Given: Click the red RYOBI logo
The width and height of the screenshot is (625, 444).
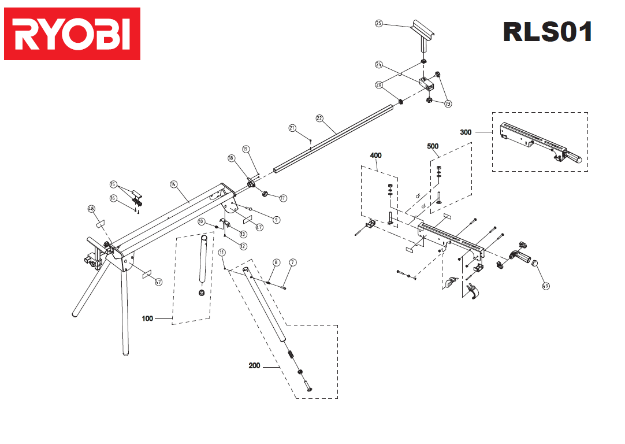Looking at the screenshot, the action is pyautogui.click(x=72, y=34).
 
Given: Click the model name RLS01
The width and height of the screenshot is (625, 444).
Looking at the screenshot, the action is pyautogui.click(x=547, y=32).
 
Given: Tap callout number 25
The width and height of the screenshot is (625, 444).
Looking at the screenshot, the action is pyautogui.click(x=379, y=24).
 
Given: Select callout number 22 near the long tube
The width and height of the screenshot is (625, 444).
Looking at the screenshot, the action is pyautogui.click(x=319, y=119).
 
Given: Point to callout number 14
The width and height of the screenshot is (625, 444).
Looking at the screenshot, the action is pyautogui.click(x=173, y=184).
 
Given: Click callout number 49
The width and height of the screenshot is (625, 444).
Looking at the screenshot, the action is pyautogui.click(x=546, y=286).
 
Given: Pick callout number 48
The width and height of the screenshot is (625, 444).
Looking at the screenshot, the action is pyautogui.click(x=91, y=209).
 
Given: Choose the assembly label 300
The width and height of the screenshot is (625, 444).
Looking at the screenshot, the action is pyautogui.click(x=466, y=132).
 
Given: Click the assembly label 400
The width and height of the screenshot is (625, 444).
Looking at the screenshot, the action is pyautogui.click(x=375, y=155).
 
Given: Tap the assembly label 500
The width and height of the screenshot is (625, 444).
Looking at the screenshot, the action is pyautogui.click(x=433, y=146).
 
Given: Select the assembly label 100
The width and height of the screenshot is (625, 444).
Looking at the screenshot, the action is pyautogui.click(x=147, y=319).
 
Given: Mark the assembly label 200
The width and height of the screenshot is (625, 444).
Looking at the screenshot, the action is pyautogui.click(x=254, y=365).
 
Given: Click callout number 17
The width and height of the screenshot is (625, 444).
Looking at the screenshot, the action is pyautogui.click(x=283, y=198).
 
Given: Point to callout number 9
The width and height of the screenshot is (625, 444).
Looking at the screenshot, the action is pyautogui.click(x=276, y=220).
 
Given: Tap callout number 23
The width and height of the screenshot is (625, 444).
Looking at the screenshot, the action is pyautogui.click(x=448, y=103).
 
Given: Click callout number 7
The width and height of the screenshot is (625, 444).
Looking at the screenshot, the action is pyautogui.click(x=293, y=262).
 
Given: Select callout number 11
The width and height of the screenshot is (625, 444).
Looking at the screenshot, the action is pyautogui.click(x=222, y=253).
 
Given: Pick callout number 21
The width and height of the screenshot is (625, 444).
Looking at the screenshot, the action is pyautogui.click(x=292, y=128).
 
